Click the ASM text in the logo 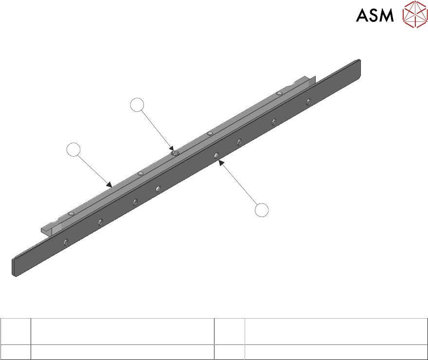(375, 16)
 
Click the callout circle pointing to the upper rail (73, 149)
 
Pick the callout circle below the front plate (262, 210)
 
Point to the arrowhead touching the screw (172, 148)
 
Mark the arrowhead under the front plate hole (221, 163)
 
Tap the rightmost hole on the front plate (308, 102)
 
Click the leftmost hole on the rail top (71, 214)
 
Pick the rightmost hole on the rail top (279, 93)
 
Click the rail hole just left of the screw (140, 173)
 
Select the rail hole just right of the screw (210, 133)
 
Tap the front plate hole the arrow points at (215, 156)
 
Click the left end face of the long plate (15, 267)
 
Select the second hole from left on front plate (100, 221)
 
